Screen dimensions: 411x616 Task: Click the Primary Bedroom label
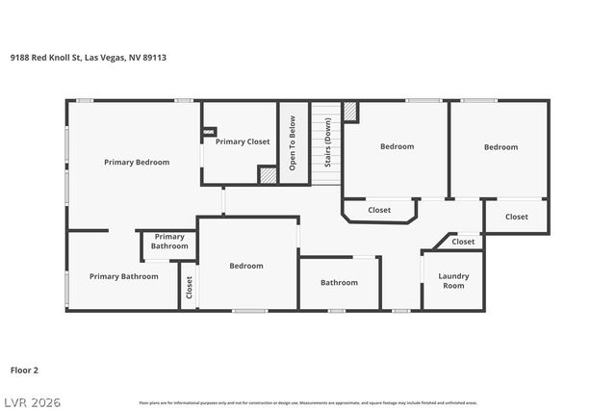[137, 163]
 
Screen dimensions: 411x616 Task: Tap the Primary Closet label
[243, 141]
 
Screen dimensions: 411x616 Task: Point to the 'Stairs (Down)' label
[327, 143]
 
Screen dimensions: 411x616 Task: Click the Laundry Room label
[452, 281]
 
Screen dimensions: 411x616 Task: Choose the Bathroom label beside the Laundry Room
[339, 283]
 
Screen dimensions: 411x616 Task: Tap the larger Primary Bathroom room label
[123, 277]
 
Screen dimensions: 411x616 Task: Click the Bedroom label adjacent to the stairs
[397, 146]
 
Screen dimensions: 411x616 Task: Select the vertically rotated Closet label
[189, 287]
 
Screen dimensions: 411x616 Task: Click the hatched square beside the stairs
[351, 112]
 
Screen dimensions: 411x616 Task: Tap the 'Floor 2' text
[24, 369]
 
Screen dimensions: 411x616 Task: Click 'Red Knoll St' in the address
[57, 57]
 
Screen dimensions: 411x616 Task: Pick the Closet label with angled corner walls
[379, 210]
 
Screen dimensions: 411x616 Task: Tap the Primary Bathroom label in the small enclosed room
[169, 242]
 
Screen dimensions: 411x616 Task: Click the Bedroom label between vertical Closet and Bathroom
[246, 266]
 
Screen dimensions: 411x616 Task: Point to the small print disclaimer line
[308, 402]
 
